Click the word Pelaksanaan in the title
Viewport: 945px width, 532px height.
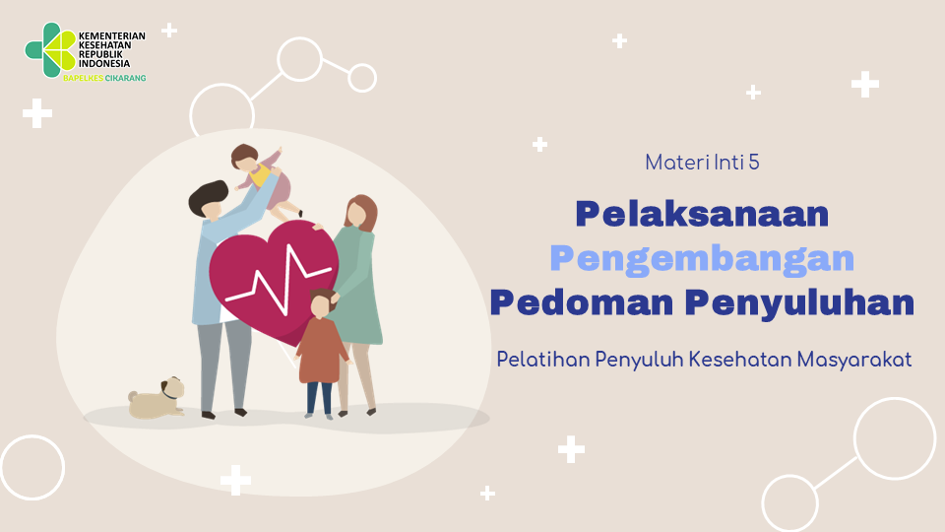702,214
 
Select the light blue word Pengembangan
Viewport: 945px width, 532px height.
702,259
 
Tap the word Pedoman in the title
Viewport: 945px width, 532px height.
582,302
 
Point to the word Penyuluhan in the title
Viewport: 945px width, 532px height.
799,303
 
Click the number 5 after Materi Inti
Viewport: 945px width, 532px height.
753,163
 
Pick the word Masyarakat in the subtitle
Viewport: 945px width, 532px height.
854,361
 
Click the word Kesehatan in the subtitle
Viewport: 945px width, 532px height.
740,360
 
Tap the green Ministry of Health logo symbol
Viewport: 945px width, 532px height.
50,50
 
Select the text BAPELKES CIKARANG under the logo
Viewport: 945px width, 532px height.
105,78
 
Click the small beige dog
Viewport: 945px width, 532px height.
157,398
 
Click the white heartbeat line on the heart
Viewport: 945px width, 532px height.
279,278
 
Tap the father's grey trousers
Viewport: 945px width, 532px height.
223,365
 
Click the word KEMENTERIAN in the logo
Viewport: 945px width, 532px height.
112,36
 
